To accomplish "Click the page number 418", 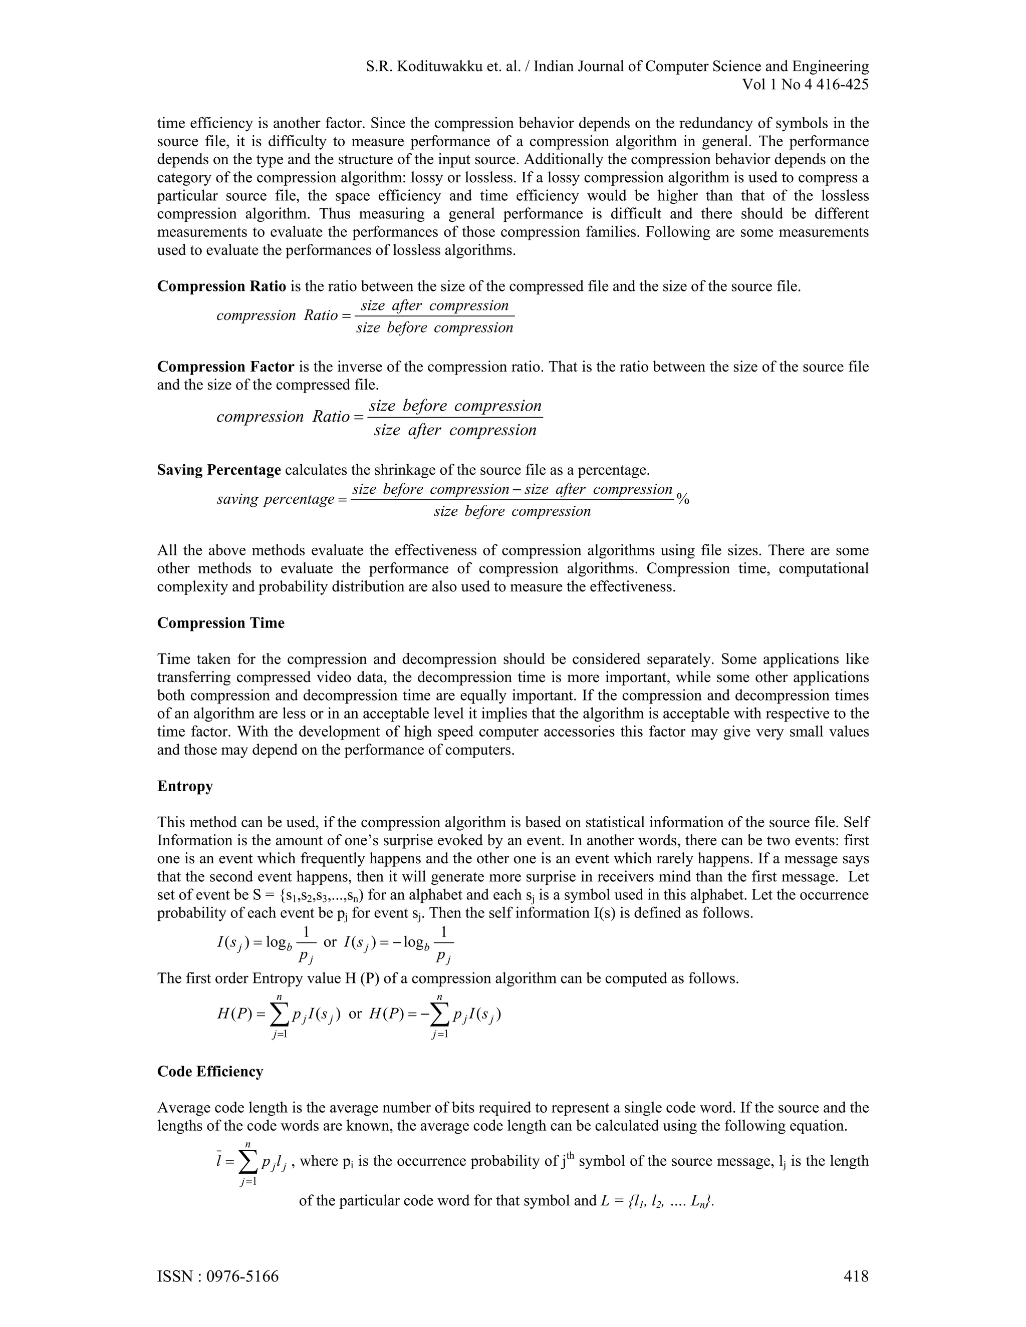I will tap(856, 1276).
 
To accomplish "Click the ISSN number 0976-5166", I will tap(242, 1276).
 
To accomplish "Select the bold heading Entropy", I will tap(185, 786).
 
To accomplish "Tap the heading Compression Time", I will tap(220, 623).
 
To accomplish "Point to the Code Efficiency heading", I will tap(210, 1071).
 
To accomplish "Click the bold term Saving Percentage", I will tap(219, 470).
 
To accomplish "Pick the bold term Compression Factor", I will tap(225, 367).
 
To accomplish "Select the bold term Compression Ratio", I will tap(221, 286).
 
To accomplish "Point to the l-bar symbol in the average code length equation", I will tap(219, 1161).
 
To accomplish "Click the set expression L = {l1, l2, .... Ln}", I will tap(656, 1201).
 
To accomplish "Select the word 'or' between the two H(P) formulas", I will tap(355, 1014).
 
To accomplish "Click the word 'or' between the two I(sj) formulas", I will tap(330, 942).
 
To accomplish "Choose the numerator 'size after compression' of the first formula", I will tap(434, 305).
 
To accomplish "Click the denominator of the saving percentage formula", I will tap(512, 512).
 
